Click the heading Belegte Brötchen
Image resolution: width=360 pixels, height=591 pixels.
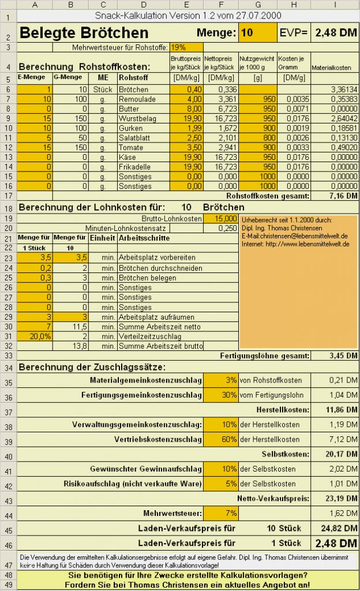[x=84, y=33]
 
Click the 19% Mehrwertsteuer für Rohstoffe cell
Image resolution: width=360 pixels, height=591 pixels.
[x=186, y=47]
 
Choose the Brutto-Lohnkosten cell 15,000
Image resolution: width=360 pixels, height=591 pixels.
[x=220, y=219]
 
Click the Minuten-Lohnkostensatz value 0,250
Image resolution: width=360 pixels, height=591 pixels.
[x=220, y=229]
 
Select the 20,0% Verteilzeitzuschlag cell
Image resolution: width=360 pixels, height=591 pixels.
[x=35, y=336]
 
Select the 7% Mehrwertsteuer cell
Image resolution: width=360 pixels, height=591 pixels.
[x=220, y=513]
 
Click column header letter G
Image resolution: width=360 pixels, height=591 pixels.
[x=257, y=5]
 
